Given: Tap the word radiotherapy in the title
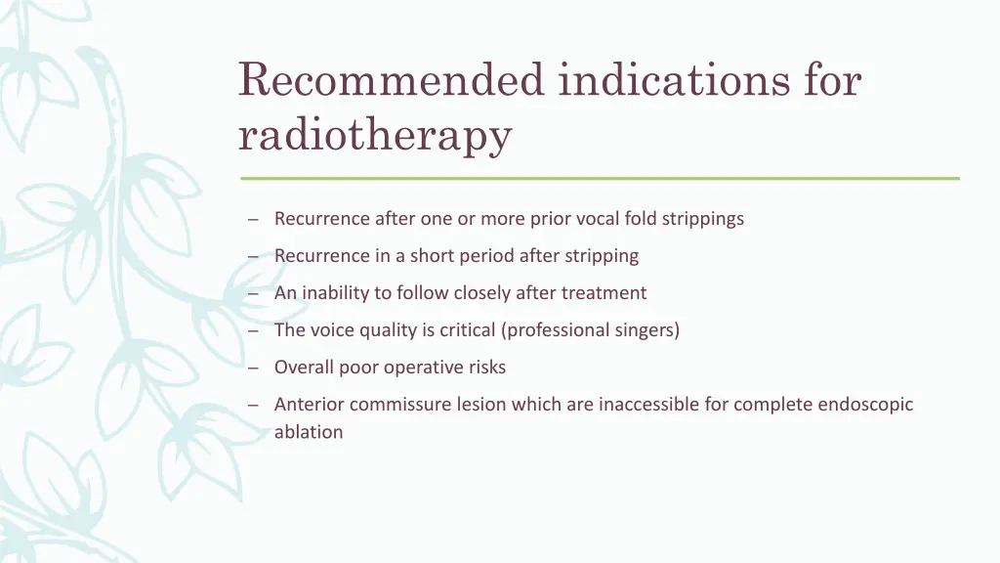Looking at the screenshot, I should pos(375,135).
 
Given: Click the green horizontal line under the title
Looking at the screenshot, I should pos(600,178).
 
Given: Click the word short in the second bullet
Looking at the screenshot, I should pos(433,256).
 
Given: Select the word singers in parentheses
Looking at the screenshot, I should pos(646,330).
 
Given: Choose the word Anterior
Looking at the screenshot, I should pos(310,405).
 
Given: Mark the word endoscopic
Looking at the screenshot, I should pos(865,405).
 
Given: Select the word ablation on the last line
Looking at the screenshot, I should pos(309,432).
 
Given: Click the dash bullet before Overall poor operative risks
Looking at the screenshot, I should pos(253,368).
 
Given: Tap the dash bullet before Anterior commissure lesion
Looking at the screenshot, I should pos(253,406).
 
